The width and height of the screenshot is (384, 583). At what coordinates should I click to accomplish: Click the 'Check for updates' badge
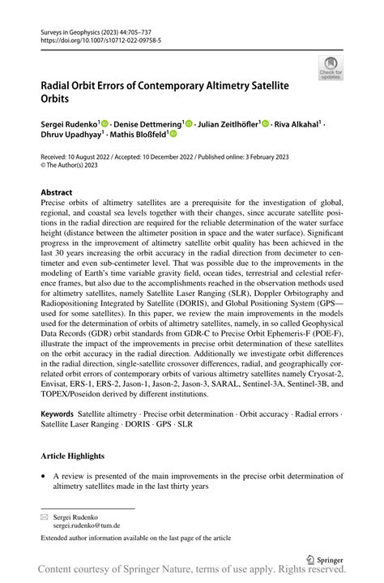(331, 68)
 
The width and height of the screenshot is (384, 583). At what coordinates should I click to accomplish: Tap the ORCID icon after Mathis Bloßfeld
(173, 135)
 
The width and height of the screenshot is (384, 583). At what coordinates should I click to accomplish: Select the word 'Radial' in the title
(61, 84)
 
